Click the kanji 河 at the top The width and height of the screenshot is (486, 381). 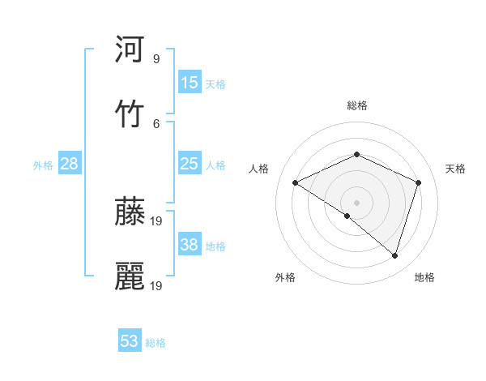coord(130,49)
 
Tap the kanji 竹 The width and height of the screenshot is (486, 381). coord(130,113)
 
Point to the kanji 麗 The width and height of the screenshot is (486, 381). coord(130,276)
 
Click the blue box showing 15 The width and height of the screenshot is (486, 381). coord(190,83)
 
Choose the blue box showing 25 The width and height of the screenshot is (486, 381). coord(190,164)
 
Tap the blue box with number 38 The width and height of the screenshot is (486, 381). coord(190,245)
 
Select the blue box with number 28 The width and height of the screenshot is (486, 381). coord(69,164)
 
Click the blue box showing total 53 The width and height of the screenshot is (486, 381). coord(130,341)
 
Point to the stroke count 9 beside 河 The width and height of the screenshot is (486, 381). coord(156,59)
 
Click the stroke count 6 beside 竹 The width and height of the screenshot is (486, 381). coord(156,123)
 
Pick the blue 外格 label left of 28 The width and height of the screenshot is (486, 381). coord(43,165)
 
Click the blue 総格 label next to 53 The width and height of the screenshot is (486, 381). coord(156,343)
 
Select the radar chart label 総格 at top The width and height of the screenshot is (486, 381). coord(357,105)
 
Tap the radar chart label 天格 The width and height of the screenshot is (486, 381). coord(456,169)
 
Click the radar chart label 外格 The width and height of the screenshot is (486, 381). coord(285,277)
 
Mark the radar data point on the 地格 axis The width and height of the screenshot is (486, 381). coord(394,255)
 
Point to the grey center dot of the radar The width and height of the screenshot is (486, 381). coord(356,202)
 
